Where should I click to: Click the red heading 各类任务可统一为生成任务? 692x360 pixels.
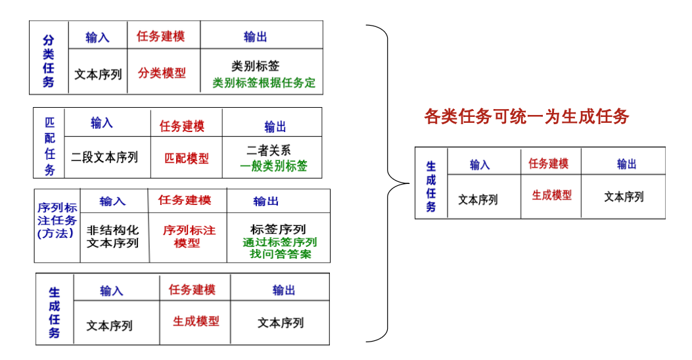tap(526, 117)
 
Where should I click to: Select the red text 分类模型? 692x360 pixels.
tap(162, 73)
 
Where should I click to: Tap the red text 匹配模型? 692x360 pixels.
tap(187, 158)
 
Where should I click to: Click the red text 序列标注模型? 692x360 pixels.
tap(189, 236)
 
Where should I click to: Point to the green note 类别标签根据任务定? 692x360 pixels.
tap(264, 83)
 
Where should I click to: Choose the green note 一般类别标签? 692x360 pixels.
tap(273, 166)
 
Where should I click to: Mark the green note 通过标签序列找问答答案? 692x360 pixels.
tap(280, 248)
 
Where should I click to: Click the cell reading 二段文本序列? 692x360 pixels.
tap(104, 157)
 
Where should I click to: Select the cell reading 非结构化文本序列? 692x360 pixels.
tap(113, 236)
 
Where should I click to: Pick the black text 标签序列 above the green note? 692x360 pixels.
tap(278, 229)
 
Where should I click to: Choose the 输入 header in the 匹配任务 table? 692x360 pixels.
tap(102, 123)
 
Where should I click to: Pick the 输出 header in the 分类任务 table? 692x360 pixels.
tap(255, 37)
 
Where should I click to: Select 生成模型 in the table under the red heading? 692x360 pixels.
tap(551, 195)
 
